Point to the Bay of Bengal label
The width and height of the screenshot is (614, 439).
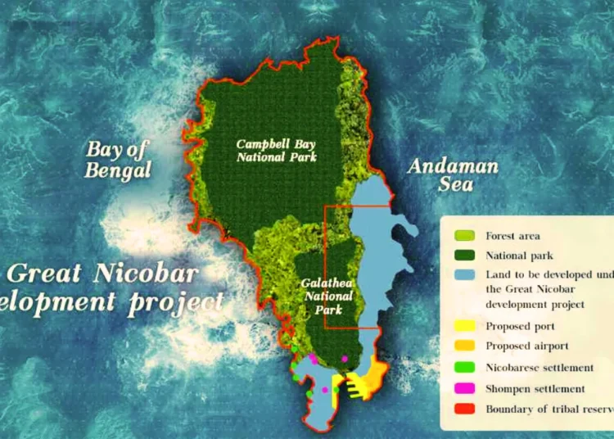120,160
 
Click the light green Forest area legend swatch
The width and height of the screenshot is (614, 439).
464,236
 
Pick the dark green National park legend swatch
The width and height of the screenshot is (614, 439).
464,256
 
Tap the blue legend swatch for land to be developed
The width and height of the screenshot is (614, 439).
464,275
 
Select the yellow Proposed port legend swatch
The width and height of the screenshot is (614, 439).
464,326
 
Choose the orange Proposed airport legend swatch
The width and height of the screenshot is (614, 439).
464,346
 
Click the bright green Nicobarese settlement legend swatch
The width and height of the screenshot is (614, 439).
464,368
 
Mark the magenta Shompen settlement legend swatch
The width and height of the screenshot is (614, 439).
464,388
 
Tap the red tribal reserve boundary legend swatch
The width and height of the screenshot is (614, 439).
464,409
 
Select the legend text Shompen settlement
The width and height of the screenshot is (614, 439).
535,389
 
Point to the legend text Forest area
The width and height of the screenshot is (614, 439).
513,236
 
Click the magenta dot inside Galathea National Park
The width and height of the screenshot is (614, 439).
345,359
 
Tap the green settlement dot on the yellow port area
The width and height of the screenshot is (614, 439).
336,390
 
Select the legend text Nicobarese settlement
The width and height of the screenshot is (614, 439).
540,368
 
